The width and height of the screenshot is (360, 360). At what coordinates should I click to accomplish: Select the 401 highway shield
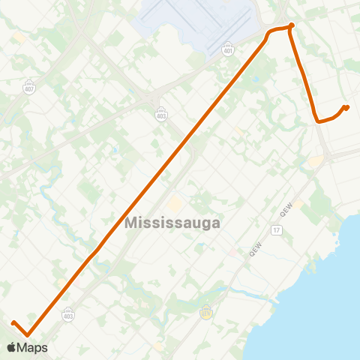227,49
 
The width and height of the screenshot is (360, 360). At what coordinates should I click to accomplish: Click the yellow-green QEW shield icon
206,313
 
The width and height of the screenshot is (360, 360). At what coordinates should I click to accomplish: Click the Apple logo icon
11,347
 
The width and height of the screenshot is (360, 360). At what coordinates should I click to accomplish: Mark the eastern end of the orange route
346,106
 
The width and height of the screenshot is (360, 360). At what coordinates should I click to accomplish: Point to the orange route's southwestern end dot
13,323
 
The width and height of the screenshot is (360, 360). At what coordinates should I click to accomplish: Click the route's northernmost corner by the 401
291,26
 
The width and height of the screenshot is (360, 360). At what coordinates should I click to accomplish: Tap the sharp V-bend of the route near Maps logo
28,335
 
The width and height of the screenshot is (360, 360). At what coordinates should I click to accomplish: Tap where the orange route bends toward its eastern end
318,120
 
